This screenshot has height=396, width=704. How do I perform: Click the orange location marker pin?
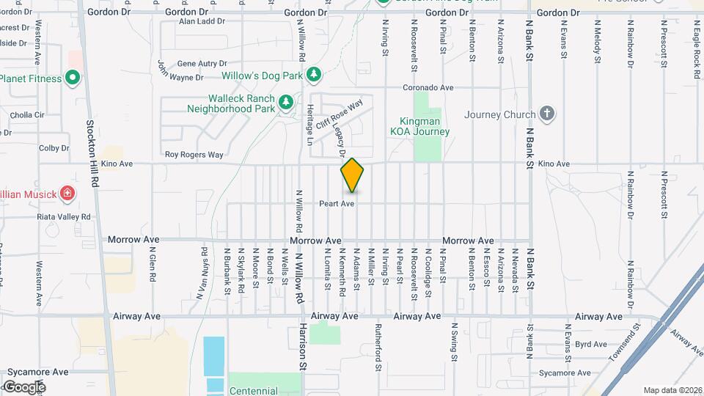[x=352, y=175]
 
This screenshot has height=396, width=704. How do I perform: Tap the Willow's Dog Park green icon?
[x=314, y=75]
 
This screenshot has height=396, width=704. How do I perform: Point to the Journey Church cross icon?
[x=546, y=114]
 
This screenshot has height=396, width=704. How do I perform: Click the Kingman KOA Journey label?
[x=425, y=126]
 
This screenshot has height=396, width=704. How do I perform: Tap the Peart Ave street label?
[x=337, y=203]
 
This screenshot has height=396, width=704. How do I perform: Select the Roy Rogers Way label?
[x=194, y=155]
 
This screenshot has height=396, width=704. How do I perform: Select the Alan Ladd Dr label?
[x=202, y=22]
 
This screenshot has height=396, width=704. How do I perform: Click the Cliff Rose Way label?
[x=340, y=115]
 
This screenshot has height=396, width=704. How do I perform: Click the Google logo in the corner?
[x=24, y=386]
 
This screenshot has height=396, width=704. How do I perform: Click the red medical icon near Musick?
[x=67, y=194]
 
